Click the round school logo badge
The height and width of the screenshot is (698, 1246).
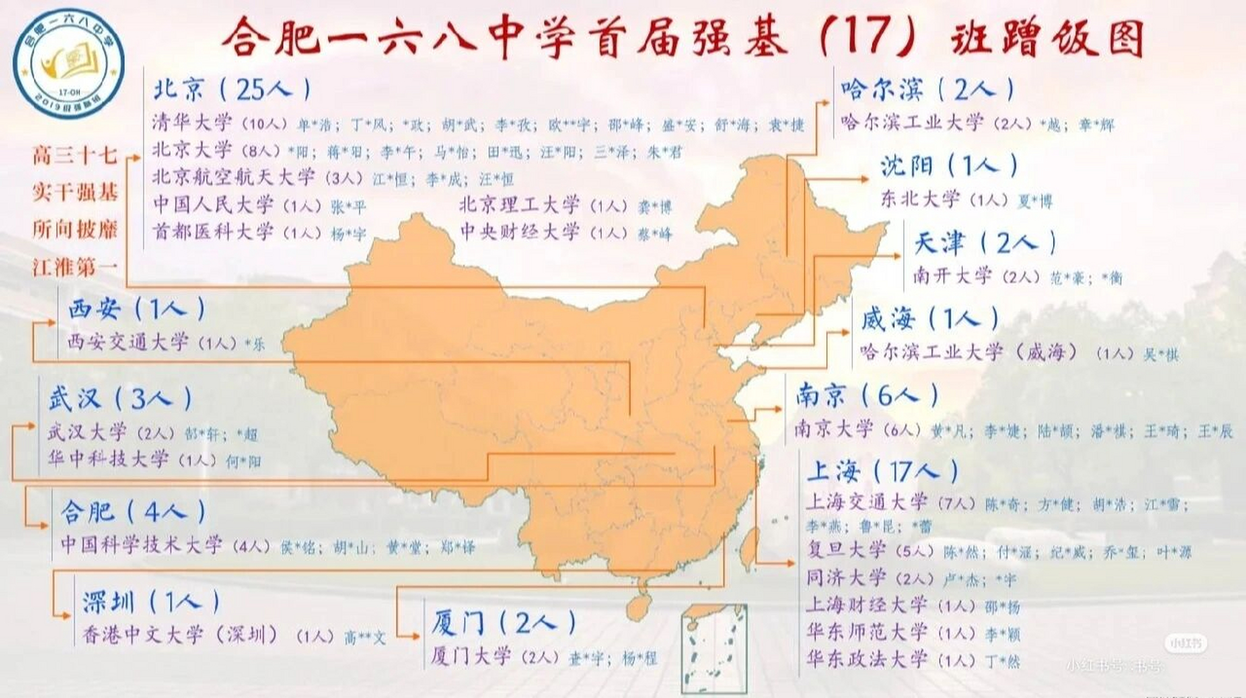coord(68,63)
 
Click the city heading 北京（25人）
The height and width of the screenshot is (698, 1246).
coord(232,89)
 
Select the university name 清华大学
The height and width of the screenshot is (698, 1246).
coord(192,123)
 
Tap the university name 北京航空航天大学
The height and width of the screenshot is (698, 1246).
coord(233,177)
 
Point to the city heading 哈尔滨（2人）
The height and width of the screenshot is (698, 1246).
coord(927,89)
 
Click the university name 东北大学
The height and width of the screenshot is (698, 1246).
coord(920,200)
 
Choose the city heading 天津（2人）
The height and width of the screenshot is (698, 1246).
coord(984,243)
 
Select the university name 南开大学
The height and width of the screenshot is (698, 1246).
coord(952,276)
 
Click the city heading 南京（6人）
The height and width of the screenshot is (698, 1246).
coord(867,395)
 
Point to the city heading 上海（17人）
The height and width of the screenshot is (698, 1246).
coord(882,471)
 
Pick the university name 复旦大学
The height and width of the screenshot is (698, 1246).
coord(846,550)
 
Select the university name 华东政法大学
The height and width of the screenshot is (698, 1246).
coord(867,659)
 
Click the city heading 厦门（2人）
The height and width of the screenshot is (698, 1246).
coord(503,623)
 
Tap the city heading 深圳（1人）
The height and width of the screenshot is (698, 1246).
coord(151,602)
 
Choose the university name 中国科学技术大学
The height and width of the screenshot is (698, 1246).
coord(142,545)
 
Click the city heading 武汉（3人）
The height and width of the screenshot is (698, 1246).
coord(120,399)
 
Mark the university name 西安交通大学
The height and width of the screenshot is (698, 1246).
coord(128,342)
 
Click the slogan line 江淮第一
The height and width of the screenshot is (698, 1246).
coord(75,267)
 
